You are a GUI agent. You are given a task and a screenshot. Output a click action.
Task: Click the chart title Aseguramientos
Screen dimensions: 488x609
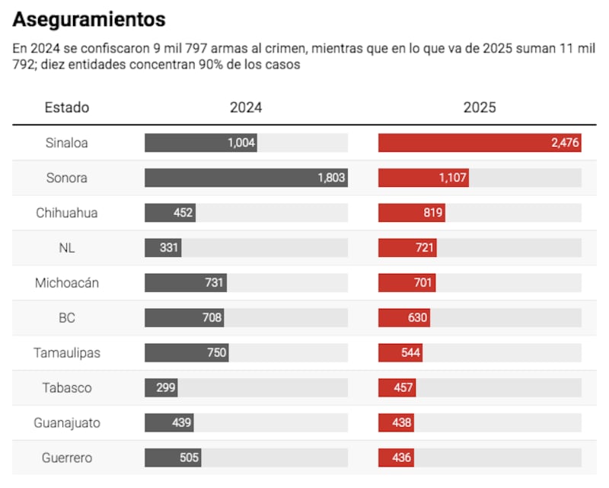(x=89, y=19)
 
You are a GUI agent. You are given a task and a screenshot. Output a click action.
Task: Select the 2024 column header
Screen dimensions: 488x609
(x=246, y=108)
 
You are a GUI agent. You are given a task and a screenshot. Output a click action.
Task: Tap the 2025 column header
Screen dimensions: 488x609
(x=480, y=108)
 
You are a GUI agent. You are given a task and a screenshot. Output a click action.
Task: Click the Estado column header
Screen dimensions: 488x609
(x=67, y=108)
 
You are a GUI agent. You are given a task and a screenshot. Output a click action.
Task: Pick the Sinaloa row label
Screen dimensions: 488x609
(x=67, y=143)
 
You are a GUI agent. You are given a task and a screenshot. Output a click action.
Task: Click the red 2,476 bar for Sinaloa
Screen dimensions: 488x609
(x=480, y=143)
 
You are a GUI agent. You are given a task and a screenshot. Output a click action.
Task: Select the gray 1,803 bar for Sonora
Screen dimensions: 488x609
(x=246, y=178)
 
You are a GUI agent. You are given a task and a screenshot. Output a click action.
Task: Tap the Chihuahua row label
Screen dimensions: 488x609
(x=67, y=213)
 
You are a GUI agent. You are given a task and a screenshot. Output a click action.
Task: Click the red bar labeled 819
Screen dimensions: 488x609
(x=411, y=213)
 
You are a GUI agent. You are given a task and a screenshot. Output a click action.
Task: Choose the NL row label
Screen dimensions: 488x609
(x=67, y=248)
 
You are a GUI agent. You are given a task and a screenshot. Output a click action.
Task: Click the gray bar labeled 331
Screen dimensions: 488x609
(x=163, y=248)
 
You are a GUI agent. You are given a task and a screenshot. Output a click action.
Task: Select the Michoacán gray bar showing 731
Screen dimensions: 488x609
(x=185, y=283)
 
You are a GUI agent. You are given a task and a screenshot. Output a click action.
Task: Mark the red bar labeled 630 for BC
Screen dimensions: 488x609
(x=403, y=318)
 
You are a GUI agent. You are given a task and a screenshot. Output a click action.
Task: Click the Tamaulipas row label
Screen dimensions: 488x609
(x=67, y=353)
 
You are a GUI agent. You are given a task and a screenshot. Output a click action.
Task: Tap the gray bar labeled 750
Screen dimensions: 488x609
(x=187, y=353)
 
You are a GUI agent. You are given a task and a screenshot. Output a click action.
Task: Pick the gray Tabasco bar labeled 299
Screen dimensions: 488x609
(x=161, y=388)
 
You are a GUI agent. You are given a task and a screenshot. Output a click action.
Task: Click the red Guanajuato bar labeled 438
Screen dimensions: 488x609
(x=396, y=423)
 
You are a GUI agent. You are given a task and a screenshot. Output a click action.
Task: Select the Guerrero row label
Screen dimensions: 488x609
(x=67, y=458)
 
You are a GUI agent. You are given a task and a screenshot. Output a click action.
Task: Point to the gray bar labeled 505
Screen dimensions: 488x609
(x=173, y=458)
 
